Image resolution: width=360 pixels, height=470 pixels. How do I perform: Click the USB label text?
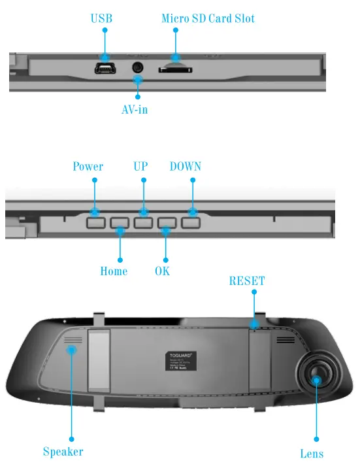(x=101, y=18)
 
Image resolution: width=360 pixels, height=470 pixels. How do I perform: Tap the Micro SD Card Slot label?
(x=208, y=18)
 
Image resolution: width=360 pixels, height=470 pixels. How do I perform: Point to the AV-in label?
(x=135, y=109)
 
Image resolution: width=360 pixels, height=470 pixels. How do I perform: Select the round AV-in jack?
(x=138, y=67)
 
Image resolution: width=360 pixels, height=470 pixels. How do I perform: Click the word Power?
(x=88, y=167)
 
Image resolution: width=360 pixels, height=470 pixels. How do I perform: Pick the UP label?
(x=140, y=167)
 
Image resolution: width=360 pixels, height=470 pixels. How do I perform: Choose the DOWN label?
(x=186, y=167)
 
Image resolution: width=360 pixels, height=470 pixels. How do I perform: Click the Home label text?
(x=114, y=271)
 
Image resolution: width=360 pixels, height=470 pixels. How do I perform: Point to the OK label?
(x=162, y=271)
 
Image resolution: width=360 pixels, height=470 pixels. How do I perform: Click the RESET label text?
(x=247, y=281)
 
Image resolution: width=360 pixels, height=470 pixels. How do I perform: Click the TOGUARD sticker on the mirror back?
(x=178, y=361)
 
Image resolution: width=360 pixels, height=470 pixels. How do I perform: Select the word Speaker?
(x=63, y=452)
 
